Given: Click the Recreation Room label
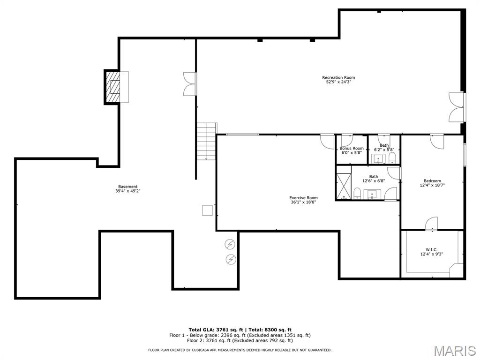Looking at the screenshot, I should point(338,77).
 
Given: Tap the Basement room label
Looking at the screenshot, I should point(127,187).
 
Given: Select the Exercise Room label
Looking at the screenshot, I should point(303,198).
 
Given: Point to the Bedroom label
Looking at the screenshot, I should point(432,181).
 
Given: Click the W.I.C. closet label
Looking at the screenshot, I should point(431,249).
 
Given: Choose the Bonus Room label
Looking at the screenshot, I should point(352,148).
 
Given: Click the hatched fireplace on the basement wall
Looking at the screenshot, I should point(113,87).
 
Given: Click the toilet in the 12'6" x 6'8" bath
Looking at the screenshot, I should point(357,194).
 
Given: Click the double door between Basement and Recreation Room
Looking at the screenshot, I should point(190,84).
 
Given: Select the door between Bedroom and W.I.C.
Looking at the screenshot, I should point(431,224).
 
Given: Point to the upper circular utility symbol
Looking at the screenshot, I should point(230,244).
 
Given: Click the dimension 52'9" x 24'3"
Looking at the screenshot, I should point(338,82).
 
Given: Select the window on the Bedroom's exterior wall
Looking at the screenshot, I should point(464,154).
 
